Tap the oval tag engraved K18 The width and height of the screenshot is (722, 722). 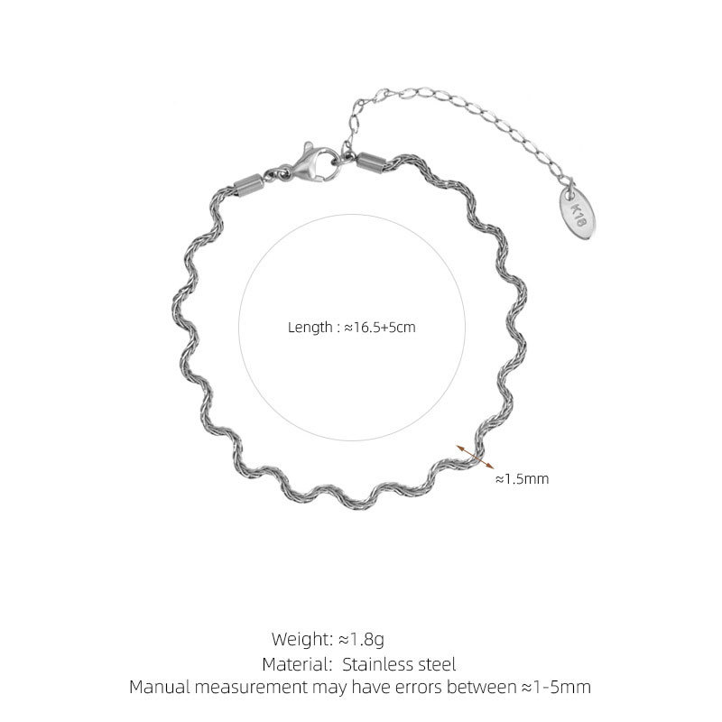[x=578, y=215]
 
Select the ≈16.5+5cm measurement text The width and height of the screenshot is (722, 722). [x=380, y=328]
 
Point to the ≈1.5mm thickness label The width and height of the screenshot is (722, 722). [x=523, y=479]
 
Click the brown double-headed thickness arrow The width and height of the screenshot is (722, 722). [x=476, y=457]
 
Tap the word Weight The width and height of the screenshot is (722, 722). [x=302, y=639]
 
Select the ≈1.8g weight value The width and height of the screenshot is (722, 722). [x=362, y=640]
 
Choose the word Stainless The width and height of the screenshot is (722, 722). [x=378, y=664]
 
